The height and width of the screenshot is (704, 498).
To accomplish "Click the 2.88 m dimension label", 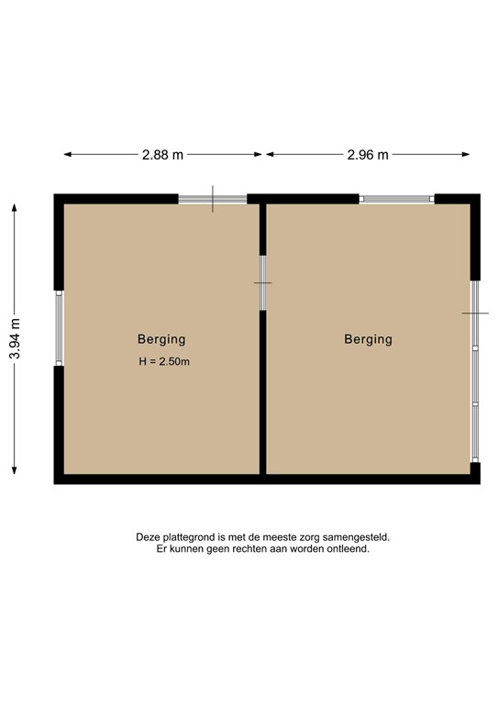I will [x=162, y=155].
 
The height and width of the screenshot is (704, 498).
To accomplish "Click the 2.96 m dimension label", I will [x=367, y=155].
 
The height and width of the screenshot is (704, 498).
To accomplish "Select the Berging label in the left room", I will [x=161, y=338].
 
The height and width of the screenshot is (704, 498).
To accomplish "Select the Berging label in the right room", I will [x=368, y=338].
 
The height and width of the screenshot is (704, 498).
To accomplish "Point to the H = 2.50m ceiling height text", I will [x=164, y=361].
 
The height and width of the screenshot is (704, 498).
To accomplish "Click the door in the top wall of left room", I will [x=213, y=199].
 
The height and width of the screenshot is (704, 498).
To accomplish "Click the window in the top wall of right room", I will [x=396, y=199].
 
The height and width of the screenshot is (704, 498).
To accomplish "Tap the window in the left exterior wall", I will [x=59, y=328].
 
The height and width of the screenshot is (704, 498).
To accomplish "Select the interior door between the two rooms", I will [x=262, y=282].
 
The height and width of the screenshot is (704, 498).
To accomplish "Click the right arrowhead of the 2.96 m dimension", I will [x=467, y=155].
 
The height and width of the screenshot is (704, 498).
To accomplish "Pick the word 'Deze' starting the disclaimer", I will [x=148, y=538].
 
